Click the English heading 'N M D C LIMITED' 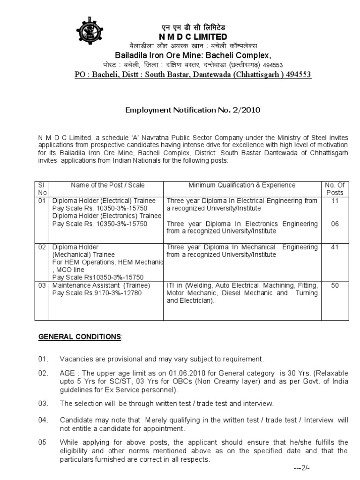click(x=192, y=37)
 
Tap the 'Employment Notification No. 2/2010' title click(x=192, y=111)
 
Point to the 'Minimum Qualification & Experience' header click(x=242, y=186)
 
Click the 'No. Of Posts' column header click(x=335, y=189)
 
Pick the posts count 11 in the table click(x=335, y=201)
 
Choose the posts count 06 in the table click(x=335, y=224)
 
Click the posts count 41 click(x=335, y=247)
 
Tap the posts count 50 click(x=335, y=285)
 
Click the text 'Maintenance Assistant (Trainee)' click(x=101, y=285)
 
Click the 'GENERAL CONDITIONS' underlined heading click(x=79, y=337)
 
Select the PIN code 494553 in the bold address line click(x=295, y=75)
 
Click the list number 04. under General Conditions click(x=43, y=420)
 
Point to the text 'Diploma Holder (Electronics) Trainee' click(x=107, y=216)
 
